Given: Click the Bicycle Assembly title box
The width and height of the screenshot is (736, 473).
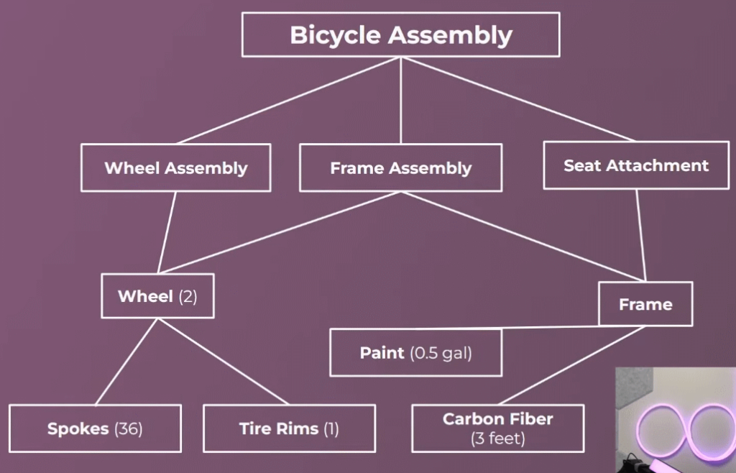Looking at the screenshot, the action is [x=401, y=35].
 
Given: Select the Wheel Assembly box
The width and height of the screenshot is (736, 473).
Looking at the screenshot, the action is [x=176, y=167].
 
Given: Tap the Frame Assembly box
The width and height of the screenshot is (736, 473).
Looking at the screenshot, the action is [x=401, y=167].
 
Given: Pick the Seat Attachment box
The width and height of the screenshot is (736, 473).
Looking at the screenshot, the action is [x=636, y=165].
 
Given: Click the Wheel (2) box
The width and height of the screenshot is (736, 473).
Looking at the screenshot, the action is [x=157, y=296].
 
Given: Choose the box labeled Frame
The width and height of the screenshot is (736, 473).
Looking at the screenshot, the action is [x=645, y=304].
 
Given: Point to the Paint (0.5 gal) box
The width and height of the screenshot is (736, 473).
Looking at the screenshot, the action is [x=416, y=352].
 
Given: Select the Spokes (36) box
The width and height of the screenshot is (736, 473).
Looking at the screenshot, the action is [x=96, y=428].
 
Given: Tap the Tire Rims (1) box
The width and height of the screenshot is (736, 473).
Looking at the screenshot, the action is [x=289, y=428].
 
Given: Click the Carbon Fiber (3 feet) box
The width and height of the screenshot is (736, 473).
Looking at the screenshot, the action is [x=498, y=428].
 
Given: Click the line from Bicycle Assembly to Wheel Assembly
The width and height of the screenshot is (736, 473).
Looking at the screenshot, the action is [x=289, y=101].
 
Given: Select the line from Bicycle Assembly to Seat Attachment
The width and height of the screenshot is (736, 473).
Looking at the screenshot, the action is [x=518, y=99].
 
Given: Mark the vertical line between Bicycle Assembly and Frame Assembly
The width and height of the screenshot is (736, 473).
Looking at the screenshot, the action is [x=401, y=101].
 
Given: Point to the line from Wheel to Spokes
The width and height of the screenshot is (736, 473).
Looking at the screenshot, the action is [x=126, y=362].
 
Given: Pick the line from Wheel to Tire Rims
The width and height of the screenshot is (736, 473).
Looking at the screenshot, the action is [x=224, y=362].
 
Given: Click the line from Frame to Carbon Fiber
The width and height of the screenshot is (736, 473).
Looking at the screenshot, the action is [x=571, y=365].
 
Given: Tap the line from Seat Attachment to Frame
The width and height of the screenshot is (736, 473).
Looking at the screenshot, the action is [x=641, y=236].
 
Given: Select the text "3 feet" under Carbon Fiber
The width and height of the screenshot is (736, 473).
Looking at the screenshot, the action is [x=498, y=438].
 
